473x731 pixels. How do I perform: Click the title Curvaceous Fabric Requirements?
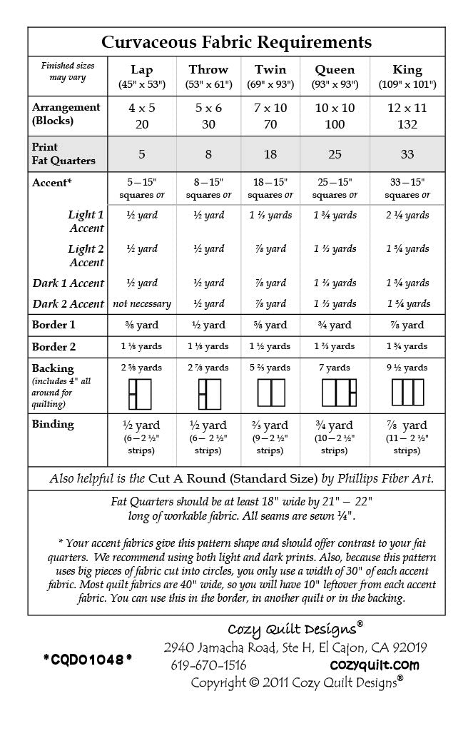236,42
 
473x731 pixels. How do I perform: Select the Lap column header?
142,70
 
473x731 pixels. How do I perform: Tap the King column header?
407,70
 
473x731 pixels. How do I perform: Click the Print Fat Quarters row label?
63,154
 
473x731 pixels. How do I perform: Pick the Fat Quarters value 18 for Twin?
270,154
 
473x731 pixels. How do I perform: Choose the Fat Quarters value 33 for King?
407,154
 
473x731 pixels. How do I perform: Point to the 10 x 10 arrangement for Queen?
335,108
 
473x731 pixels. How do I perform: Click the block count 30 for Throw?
208,123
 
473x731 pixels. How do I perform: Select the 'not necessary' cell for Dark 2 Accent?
142,303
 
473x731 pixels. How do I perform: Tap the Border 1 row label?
54,325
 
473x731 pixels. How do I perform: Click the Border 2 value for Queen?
335,346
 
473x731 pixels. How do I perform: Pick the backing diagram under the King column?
407,393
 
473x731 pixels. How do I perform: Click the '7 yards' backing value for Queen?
335,368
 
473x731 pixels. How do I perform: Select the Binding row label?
53,424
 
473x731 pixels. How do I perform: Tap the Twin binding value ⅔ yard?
270,425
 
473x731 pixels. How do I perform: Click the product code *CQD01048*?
87,658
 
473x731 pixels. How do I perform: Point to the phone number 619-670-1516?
209,665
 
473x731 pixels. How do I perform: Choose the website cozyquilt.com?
375,665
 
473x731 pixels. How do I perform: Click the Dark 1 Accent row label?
68,283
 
